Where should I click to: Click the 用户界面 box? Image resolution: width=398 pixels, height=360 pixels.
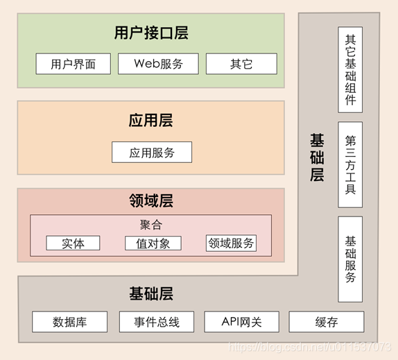[73, 65]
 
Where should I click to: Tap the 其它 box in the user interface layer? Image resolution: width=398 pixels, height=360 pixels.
[241, 65]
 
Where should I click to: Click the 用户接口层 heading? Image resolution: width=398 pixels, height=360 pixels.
[151, 33]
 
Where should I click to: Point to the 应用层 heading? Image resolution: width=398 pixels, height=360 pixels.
[150, 121]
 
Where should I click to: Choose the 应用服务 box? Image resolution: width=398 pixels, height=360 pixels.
[152, 153]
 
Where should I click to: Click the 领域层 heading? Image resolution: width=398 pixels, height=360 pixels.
[150, 201]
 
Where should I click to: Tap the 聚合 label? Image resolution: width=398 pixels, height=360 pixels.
[150, 225]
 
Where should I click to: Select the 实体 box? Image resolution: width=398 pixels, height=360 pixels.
[73, 243]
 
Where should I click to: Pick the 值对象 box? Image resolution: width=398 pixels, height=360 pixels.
[153, 243]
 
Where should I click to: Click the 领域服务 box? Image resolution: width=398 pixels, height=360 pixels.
[231, 243]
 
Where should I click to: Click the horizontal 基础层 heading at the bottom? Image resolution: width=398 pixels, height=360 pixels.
[150, 293]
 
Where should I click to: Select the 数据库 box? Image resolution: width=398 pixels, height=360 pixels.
[70, 322]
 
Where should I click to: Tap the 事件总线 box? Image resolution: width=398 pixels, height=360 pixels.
[157, 322]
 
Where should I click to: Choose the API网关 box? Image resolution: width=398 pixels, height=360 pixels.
[241, 322]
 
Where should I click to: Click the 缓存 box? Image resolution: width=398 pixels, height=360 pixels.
[326, 322]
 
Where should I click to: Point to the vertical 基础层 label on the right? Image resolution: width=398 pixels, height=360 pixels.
[317, 157]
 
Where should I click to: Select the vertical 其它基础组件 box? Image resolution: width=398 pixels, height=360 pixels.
[350, 69]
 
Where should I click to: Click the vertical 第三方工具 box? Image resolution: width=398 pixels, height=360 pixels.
[350, 164]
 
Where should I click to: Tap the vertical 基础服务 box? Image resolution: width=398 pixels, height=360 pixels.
[350, 259]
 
